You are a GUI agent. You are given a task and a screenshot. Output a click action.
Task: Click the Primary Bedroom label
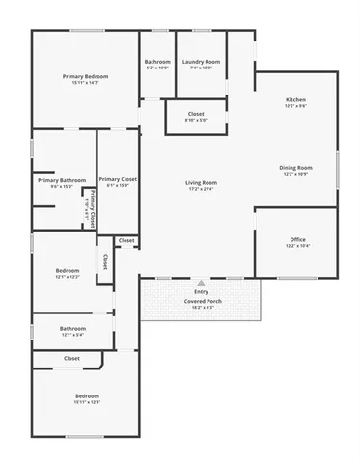tap(85, 76)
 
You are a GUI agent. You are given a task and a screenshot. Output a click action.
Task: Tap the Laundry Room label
tap(201, 62)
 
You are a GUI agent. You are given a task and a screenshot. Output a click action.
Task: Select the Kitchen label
tap(295, 100)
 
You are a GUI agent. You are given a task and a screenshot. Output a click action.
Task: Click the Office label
tap(297, 239)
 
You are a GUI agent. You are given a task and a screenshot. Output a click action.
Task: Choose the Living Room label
tap(201, 182)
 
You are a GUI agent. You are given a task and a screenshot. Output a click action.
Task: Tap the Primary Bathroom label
tap(62, 179)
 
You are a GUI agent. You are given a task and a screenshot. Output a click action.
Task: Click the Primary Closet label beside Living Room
tap(118, 179)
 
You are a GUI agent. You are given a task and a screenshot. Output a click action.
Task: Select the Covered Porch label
tap(201, 301)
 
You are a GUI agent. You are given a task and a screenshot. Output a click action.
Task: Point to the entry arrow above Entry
tap(201, 283)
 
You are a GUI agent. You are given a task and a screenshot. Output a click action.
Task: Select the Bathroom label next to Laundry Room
tap(157, 62)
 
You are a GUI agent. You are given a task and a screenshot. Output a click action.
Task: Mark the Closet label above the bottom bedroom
tap(71, 358)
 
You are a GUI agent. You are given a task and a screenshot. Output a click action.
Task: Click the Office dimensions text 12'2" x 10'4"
tap(297, 246)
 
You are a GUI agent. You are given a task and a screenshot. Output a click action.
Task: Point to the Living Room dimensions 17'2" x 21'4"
tap(201, 189)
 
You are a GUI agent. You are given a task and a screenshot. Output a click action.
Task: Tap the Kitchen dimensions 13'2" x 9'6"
tap(295, 107)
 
